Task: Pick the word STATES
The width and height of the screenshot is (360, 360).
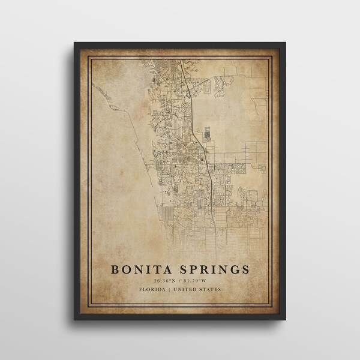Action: point(211,290)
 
